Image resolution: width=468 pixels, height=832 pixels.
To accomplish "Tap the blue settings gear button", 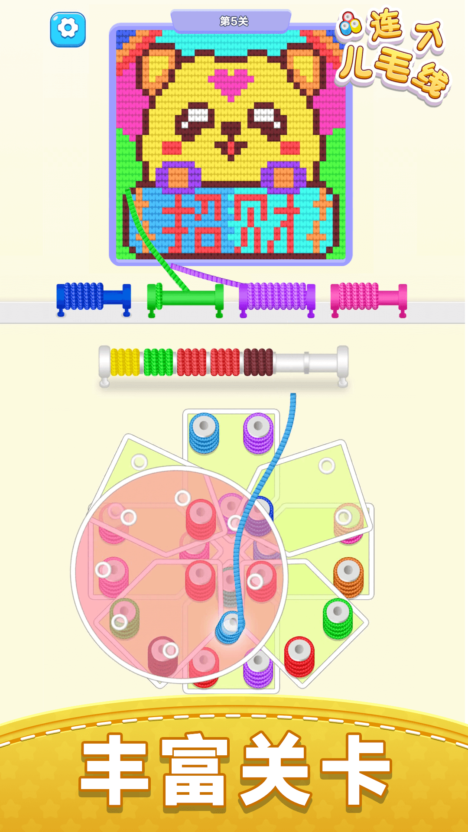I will click(68, 29).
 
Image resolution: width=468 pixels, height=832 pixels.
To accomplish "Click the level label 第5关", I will click(234, 21).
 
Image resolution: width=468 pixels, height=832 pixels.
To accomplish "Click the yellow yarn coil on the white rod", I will click(125, 362).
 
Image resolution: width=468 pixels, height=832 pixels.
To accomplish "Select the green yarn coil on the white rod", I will click(158, 362).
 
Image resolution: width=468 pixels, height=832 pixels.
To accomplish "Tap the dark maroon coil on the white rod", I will click(258, 362).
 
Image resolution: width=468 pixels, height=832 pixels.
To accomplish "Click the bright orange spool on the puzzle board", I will click(348, 576).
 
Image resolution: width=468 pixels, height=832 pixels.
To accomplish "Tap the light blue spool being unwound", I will click(230, 627).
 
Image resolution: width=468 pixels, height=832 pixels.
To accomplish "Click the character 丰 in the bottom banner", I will click(115, 769).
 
